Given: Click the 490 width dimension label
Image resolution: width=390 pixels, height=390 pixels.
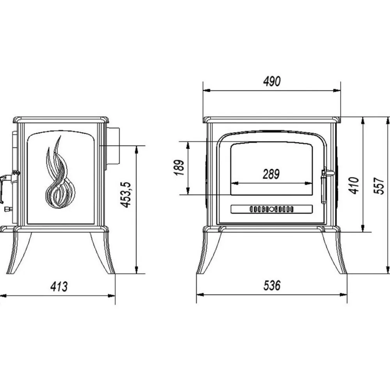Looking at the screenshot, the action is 272,82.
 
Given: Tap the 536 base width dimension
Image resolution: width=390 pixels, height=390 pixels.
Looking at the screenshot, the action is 272,285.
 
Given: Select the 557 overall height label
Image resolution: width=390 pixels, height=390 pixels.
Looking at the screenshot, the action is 379,186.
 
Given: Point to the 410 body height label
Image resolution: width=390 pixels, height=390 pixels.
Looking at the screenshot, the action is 354,185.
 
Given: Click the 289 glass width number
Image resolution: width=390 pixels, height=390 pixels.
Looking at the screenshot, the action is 271,174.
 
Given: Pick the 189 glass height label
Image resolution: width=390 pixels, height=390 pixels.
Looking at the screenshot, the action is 179,168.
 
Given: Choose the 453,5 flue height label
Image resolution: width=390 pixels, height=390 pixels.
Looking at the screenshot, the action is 126,195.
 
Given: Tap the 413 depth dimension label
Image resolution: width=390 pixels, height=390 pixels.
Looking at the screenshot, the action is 59,287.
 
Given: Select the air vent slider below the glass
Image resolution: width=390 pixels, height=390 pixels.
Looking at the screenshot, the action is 271,209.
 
